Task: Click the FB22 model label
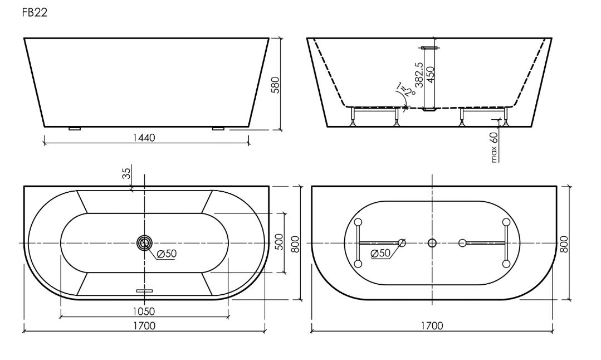(35, 13)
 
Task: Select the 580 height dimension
(276, 85)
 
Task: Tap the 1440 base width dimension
(144, 138)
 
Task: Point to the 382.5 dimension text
(419, 75)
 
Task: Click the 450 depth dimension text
(431, 75)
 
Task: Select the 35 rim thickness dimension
(126, 173)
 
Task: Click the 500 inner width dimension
(280, 242)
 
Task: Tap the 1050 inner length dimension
(144, 312)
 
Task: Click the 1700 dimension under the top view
(144, 326)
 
